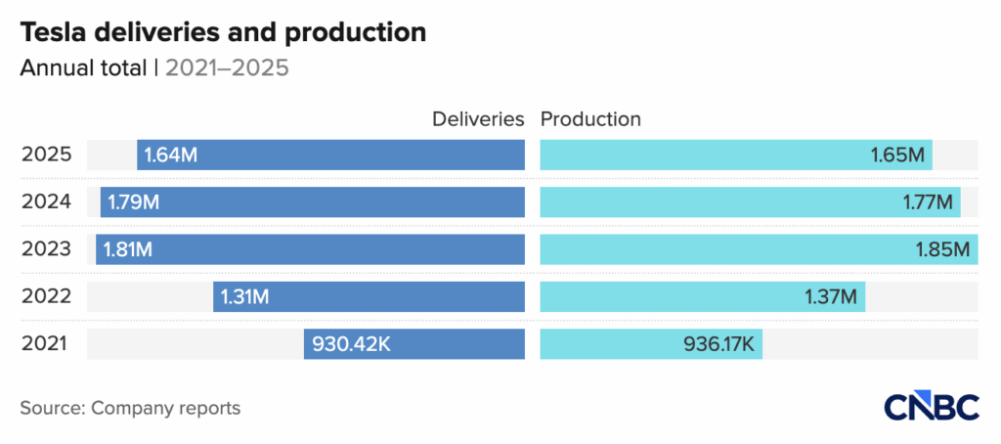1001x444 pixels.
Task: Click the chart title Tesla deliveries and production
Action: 223,32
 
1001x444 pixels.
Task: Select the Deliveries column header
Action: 479,119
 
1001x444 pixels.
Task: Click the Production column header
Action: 590,119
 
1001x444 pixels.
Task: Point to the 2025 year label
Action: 45,155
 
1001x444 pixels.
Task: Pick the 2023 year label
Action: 45,249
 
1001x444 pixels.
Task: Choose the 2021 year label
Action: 45,344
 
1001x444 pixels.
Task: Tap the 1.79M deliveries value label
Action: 134,202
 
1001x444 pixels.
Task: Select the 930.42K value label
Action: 354,344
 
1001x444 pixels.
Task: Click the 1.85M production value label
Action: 942,249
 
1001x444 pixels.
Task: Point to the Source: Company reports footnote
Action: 130,408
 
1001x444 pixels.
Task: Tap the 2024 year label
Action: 45,202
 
